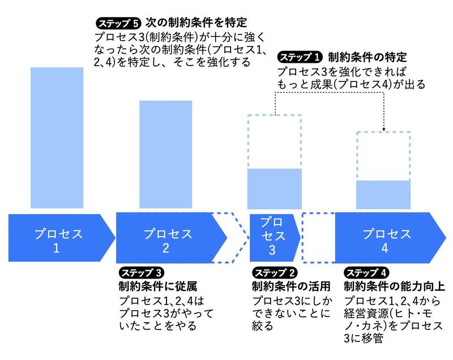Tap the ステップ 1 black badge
[301, 57]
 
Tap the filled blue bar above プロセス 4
[383, 194]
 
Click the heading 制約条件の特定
[367, 57]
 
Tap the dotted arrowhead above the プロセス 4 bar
[384, 128]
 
